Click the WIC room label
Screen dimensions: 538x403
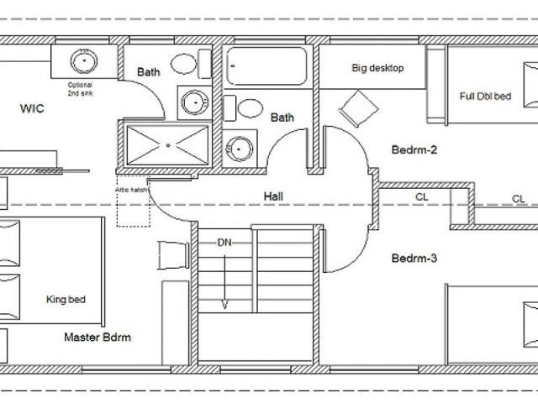tap(32, 108)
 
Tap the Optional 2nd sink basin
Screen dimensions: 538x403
tap(84, 61)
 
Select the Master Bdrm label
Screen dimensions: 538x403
tap(98, 338)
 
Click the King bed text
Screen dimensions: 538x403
tap(66, 300)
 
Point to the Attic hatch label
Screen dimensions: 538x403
tap(131, 190)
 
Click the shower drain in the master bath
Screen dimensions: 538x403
tap(168, 145)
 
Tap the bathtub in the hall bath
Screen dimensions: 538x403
tap(266, 65)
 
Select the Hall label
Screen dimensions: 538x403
tap(273, 196)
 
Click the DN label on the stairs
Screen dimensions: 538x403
tap(224, 243)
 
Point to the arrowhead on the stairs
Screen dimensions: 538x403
tap(224, 305)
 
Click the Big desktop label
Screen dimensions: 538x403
tap(377, 68)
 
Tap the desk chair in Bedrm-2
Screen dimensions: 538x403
tap(359, 108)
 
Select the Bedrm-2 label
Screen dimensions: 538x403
tap(414, 149)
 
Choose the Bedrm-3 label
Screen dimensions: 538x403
tap(414, 258)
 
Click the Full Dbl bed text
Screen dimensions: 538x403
tap(485, 96)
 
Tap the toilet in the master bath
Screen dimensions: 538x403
tap(191, 64)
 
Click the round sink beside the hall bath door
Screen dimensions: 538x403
tap(239, 149)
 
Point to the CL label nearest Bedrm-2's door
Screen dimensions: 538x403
tap(422, 197)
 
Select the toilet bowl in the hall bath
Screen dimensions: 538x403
tap(250, 108)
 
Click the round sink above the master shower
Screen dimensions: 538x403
tap(195, 102)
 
